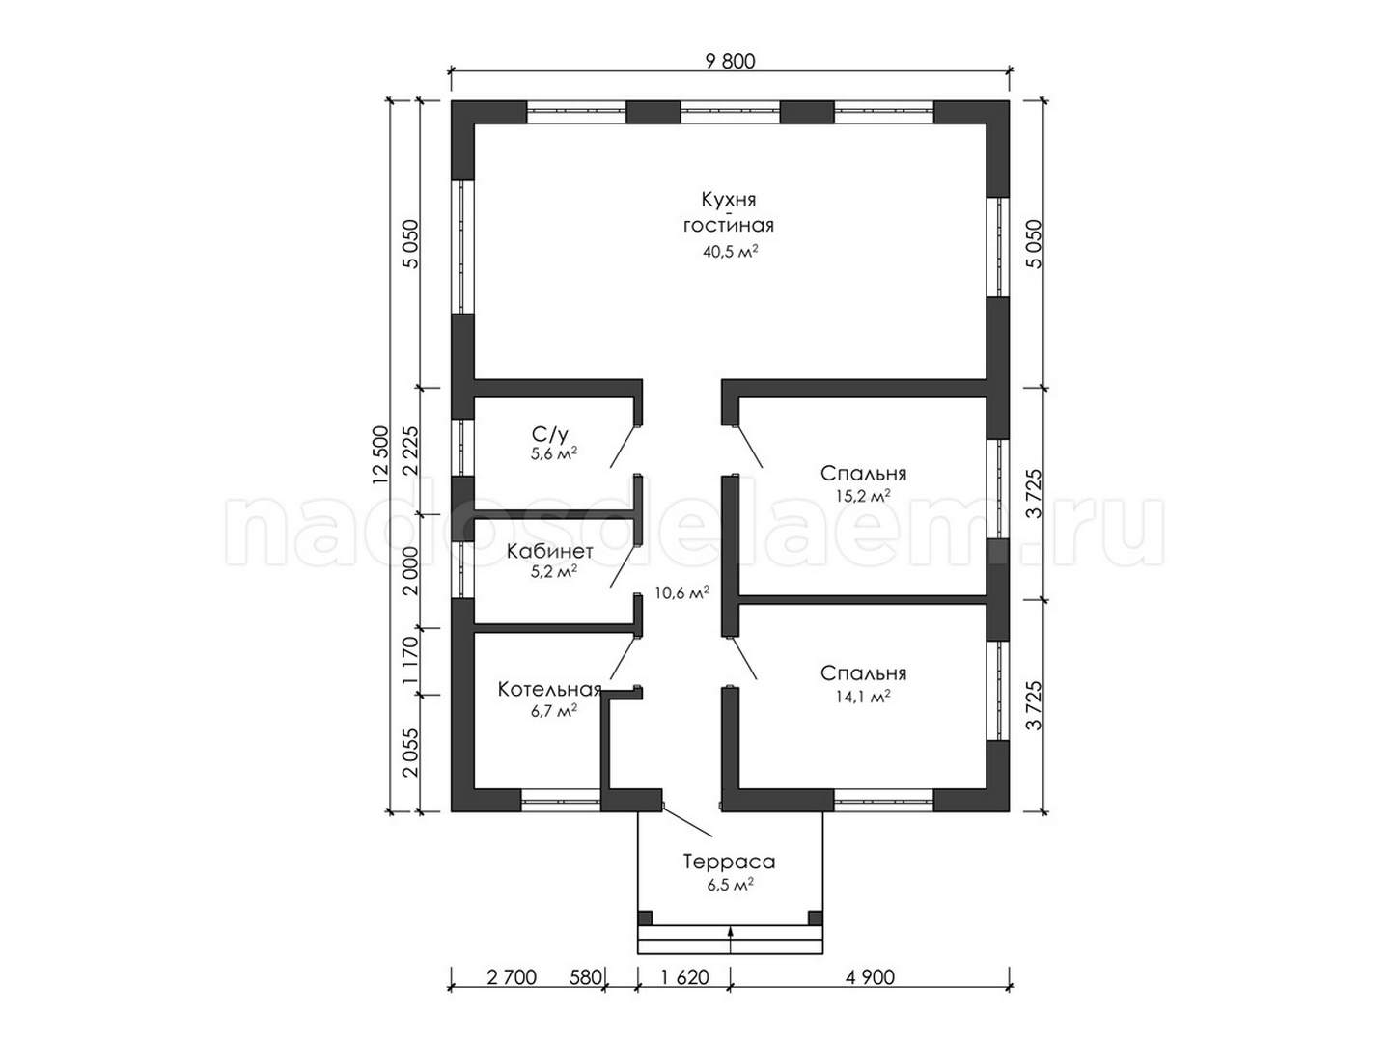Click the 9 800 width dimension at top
730,62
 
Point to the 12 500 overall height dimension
380,455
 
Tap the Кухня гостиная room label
728,212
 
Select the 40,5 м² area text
730,251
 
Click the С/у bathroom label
549,434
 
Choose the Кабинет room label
549,551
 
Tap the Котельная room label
549,689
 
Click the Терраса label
729,862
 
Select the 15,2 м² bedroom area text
863,496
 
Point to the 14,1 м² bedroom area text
863,696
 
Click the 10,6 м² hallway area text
681,592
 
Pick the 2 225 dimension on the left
411,451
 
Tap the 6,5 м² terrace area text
730,884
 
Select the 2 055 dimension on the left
411,753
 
